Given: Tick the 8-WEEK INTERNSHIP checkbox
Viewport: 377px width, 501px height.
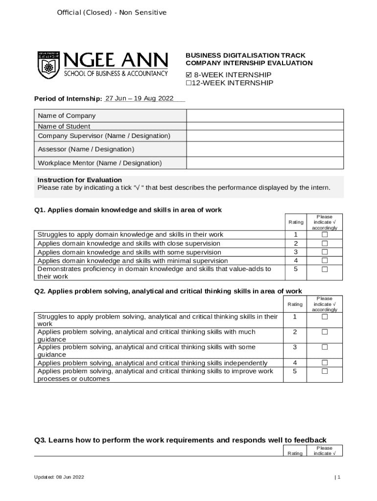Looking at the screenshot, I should point(189,75).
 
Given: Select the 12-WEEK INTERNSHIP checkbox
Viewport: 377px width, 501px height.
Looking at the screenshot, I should point(188,83).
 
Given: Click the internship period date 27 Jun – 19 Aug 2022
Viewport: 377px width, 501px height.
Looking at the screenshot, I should point(140,98).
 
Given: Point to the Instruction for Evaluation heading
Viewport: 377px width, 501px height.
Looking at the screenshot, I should point(80,180).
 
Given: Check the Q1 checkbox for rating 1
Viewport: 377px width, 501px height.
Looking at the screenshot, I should point(324,235).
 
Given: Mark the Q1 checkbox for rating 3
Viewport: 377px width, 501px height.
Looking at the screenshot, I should point(324,252).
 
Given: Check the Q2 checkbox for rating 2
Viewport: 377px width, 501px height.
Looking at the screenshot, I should point(324,332).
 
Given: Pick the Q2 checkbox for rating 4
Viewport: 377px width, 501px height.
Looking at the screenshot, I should point(324,363).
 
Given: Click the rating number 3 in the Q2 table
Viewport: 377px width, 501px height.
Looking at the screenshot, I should point(295,347).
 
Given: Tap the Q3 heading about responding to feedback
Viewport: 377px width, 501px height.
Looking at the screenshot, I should point(180,440).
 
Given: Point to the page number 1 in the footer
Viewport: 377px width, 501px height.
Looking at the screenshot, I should point(338,477).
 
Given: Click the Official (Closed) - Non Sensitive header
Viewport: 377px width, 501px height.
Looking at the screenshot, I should point(112,12).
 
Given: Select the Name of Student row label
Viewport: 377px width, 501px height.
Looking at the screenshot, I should point(64,126).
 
